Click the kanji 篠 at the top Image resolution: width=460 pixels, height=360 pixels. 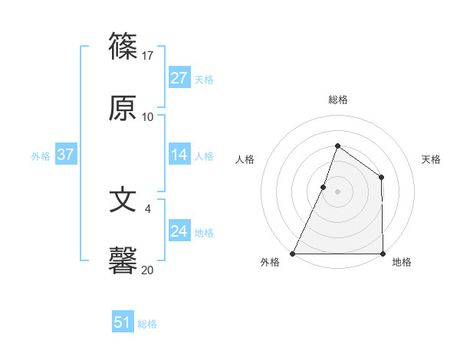(x=123, y=47)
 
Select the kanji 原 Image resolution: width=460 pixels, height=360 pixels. (x=123, y=109)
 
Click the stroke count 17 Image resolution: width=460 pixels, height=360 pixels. (x=148, y=56)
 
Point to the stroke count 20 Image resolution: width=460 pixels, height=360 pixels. (x=148, y=270)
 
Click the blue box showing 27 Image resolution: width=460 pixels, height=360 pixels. (x=179, y=78)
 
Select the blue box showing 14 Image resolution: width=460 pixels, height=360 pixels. (x=179, y=155)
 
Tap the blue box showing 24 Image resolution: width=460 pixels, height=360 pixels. (x=179, y=231)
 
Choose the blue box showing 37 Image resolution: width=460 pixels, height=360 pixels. (x=65, y=155)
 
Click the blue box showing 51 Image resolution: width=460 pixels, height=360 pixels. (x=123, y=322)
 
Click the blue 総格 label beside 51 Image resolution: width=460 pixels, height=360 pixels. (x=147, y=324)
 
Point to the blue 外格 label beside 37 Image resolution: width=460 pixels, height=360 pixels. (x=41, y=156)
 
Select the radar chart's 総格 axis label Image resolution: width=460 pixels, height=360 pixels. (x=337, y=100)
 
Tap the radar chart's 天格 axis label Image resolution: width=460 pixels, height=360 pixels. (x=431, y=159)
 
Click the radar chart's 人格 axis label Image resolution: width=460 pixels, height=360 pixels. (x=245, y=159)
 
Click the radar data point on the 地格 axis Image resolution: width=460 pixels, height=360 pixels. (x=383, y=254)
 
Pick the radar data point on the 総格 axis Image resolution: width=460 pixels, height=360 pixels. (x=337, y=146)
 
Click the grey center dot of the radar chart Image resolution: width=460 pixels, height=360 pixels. (x=337, y=191)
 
